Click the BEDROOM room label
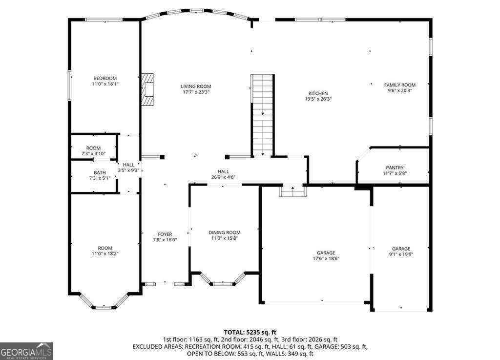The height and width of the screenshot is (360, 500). (x=105, y=78)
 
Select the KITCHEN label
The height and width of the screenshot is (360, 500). (x=318, y=93)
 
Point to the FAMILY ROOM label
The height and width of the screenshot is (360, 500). (x=399, y=85)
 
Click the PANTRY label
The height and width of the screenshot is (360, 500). (x=395, y=168)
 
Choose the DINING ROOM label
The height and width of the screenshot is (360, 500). (x=225, y=233)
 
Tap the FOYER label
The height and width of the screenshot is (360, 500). (x=165, y=234)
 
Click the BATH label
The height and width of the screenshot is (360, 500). (x=100, y=172)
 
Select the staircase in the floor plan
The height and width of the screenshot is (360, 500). (x=263, y=115)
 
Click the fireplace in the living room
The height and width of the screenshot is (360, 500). (x=147, y=89)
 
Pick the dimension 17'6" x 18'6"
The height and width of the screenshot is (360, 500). (x=326, y=258)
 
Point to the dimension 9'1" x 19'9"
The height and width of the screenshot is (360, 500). (x=401, y=254)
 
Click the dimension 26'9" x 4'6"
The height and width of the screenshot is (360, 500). (x=223, y=177)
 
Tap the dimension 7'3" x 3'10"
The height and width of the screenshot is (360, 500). (x=93, y=154)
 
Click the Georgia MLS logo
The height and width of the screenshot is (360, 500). (x=26, y=351)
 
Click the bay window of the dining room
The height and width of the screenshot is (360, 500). (x=223, y=281)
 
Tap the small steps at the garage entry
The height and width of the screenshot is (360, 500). (x=292, y=191)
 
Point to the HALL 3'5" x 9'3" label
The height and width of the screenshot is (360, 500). (x=129, y=168)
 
